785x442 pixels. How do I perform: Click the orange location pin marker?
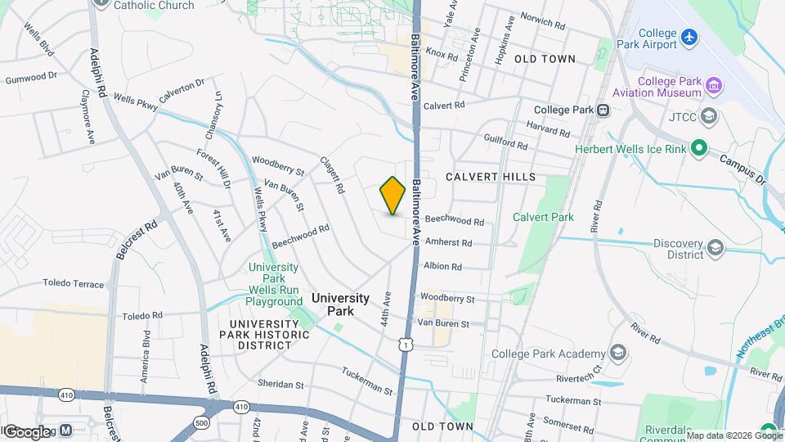point(393,195)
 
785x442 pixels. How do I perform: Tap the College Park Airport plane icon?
point(690,37)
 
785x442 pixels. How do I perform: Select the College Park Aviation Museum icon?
point(713,85)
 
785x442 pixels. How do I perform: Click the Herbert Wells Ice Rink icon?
point(698,148)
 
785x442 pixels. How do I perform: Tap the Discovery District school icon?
point(715,246)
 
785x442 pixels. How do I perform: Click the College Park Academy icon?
point(618,353)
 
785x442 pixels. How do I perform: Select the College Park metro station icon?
point(603,110)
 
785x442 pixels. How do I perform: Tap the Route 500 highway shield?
point(201,422)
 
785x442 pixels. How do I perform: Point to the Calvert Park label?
point(543,217)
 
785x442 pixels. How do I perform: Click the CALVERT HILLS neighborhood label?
point(491,177)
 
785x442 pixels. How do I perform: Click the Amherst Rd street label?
point(448,243)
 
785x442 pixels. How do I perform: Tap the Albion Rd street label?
point(442,266)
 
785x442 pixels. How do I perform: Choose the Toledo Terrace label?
point(74,285)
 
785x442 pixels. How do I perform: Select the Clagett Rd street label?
point(330,174)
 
